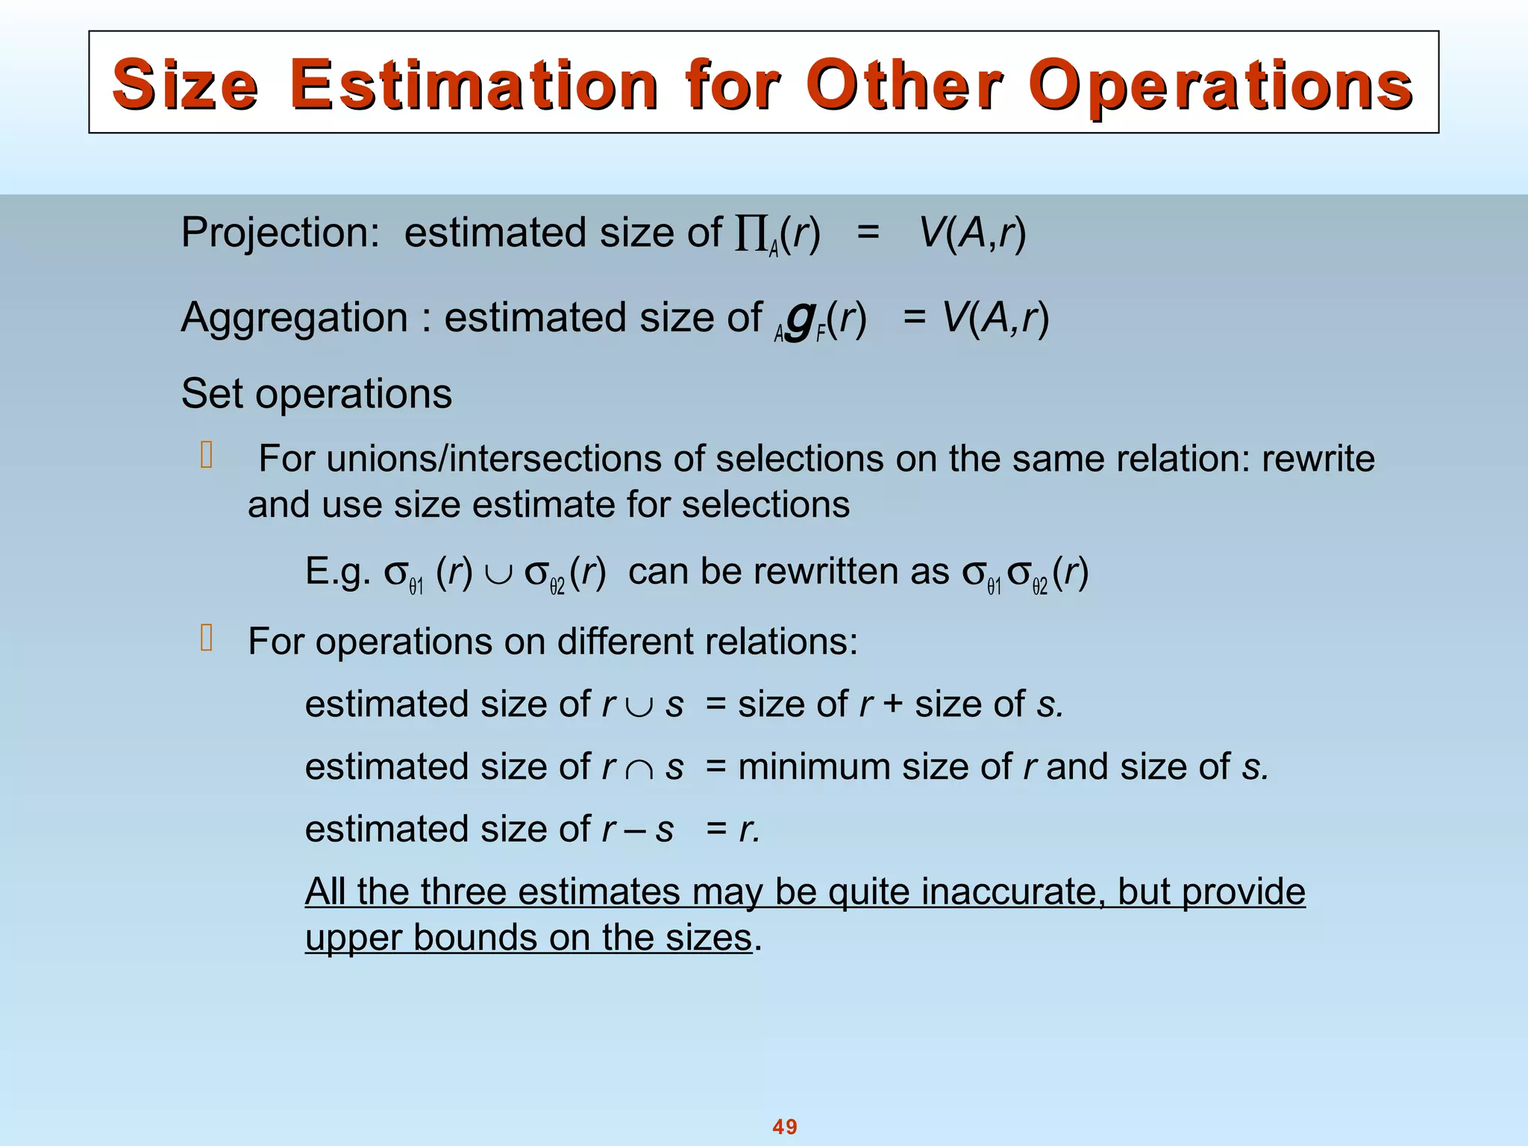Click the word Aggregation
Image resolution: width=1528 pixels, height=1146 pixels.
click(295, 318)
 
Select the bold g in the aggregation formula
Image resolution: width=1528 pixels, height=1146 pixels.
click(799, 321)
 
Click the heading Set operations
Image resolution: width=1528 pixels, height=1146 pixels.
click(316, 394)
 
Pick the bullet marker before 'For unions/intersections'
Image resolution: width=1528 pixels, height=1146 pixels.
click(207, 456)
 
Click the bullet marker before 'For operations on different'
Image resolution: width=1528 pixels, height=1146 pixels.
click(207, 639)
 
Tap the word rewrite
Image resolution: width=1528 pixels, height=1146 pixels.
click(1318, 459)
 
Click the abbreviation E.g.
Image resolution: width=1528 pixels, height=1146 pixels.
click(338, 572)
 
